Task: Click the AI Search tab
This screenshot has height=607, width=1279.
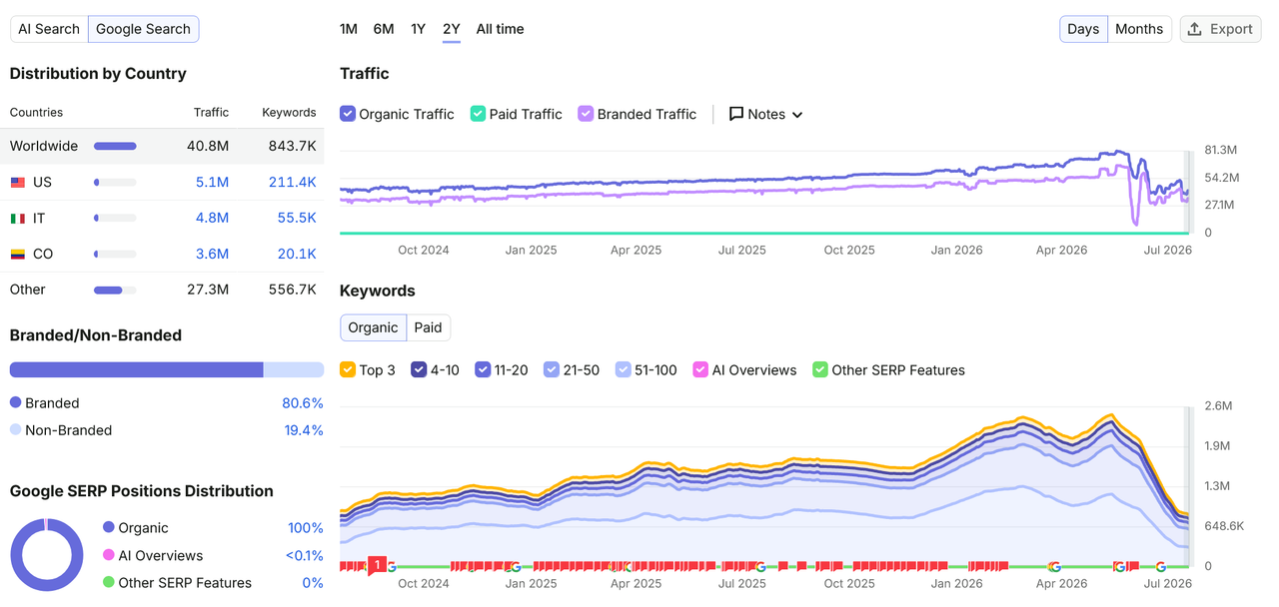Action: point(49,29)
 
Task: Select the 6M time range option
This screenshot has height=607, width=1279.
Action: point(383,29)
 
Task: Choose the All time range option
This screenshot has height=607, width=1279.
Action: point(500,29)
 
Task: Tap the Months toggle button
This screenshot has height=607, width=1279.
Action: point(1138,29)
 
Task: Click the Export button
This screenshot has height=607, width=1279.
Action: point(1220,29)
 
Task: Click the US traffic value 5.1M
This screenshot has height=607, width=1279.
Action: point(212,182)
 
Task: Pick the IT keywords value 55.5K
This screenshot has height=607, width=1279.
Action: point(297,218)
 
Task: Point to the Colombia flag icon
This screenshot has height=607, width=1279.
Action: point(18,254)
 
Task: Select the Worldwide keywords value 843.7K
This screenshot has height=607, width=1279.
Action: point(292,146)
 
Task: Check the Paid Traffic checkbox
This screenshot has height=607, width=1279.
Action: point(478,114)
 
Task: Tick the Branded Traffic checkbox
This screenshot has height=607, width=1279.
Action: point(586,114)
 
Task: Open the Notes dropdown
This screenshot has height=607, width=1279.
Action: point(765,114)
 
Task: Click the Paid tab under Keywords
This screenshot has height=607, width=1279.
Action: point(428,327)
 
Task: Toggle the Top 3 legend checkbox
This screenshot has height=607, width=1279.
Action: point(347,369)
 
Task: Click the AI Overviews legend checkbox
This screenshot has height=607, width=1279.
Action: point(700,369)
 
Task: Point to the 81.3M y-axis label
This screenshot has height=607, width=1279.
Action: point(1220,150)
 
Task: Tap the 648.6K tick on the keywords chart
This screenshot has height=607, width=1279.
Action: point(1224,526)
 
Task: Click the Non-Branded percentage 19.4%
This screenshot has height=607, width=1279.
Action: point(303,430)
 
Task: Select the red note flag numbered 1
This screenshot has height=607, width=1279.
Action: point(377,565)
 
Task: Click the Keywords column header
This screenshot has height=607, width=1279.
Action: point(289,113)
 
